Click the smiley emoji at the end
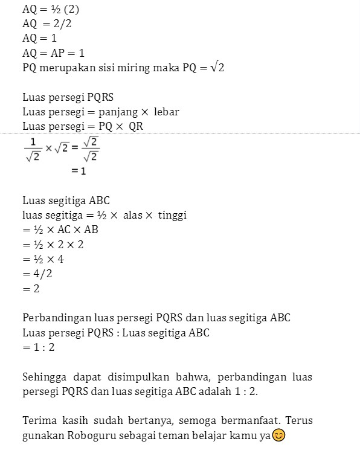pyautogui.click(x=278, y=435)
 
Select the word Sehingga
pyautogui.click(x=45, y=377)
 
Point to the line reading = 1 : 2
pyautogui.click(x=40, y=348)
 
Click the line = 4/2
pyautogui.click(x=37, y=274)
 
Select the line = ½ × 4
pyautogui.click(x=43, y=259)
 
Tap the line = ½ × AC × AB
pyautogui.click(x=60, y=230)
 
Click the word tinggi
pyautogui.click(x=172, y=215)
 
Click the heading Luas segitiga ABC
pyautogui.click(x=66, y=201)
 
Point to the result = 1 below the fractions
pyautogui.click(x=79, y=171)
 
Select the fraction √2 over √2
pyautogui.click(x=90, y=150)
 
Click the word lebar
pyautogui.click(x=166, y=112)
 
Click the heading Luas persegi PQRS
pyautogui.click(x=68, y=97)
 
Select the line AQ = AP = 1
pyautogui.click(x=53, y=53)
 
